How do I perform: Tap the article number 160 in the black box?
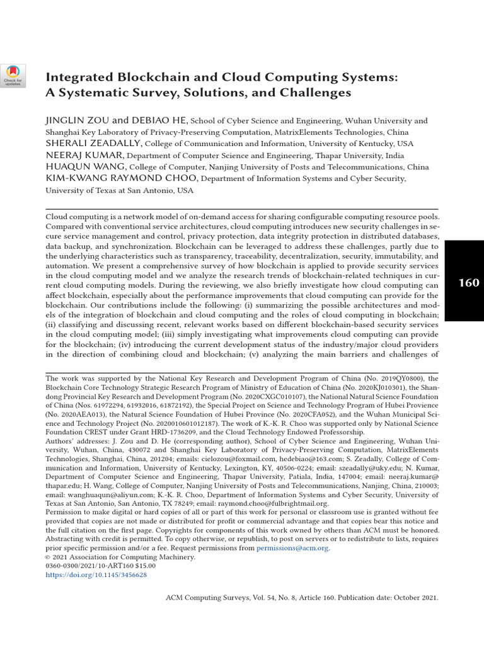pos(468,282)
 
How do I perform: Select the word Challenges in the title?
pos(313,93)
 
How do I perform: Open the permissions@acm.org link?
pos(292,548)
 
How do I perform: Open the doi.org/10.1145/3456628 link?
pos(96,574)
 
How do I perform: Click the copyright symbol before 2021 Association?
pos(49,557)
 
